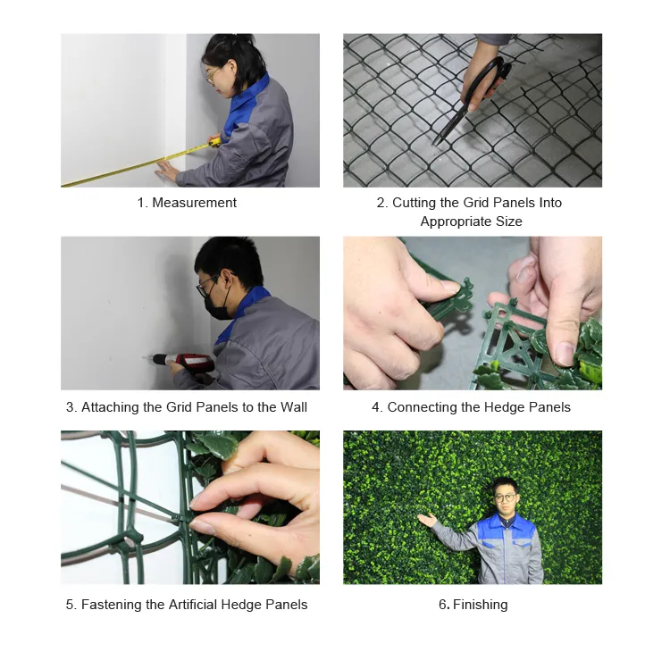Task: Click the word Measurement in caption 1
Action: pos(194,203)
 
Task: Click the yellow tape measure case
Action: pos(214,141)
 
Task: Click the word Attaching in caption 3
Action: pos(111,407)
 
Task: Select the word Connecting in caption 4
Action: pos(423,407)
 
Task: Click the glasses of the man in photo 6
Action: pos(505,497)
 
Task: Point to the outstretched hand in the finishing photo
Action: pos(428,520)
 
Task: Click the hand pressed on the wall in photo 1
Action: pos(167,169)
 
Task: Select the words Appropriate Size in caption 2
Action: pos(471,222)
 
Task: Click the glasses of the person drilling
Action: pos(207,285)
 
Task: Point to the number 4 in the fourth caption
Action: pos(376,407)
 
